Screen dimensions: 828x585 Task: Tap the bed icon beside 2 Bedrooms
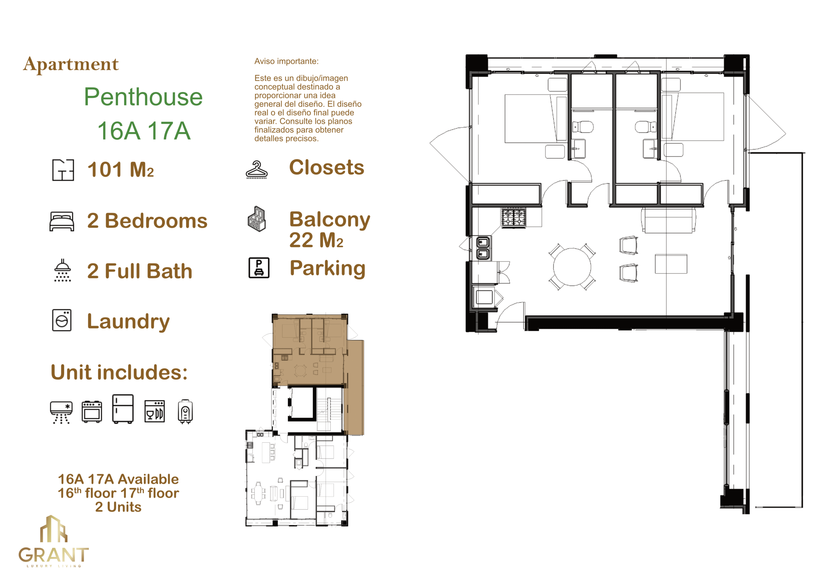(62, 221)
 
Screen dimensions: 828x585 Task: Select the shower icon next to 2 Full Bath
(62, 270)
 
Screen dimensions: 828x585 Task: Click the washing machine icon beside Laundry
(62, 320)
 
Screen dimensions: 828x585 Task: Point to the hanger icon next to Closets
(256, 169)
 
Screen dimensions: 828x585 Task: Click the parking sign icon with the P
(259, 268)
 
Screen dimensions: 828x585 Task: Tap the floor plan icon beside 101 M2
(63, 170)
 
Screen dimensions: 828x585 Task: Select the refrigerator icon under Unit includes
(123, 409)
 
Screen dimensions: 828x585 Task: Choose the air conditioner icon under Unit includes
(61, 412)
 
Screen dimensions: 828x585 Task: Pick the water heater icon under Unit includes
(185, 411)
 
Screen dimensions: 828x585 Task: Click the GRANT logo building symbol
(53, 529)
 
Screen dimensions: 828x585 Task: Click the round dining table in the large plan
(572, 267)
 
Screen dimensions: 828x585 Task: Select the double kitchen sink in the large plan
(483, 248)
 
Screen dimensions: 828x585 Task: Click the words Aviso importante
(286, 61)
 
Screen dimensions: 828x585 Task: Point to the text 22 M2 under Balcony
(316, 240)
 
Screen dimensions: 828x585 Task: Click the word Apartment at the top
(71, 65)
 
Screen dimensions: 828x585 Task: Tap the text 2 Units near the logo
(118, 507)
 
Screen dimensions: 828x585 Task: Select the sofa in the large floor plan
(668, 220)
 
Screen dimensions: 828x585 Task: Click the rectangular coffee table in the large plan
(671, 264)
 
